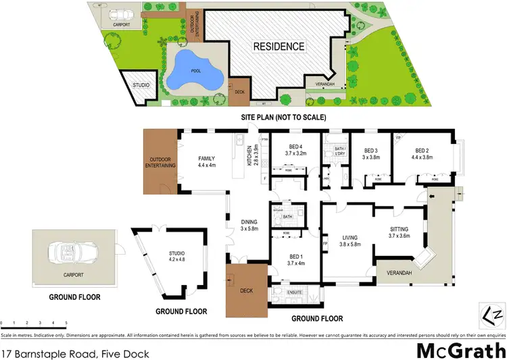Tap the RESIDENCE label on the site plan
279,47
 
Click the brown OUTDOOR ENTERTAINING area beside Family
161,161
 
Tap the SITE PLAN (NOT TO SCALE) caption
284,118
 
